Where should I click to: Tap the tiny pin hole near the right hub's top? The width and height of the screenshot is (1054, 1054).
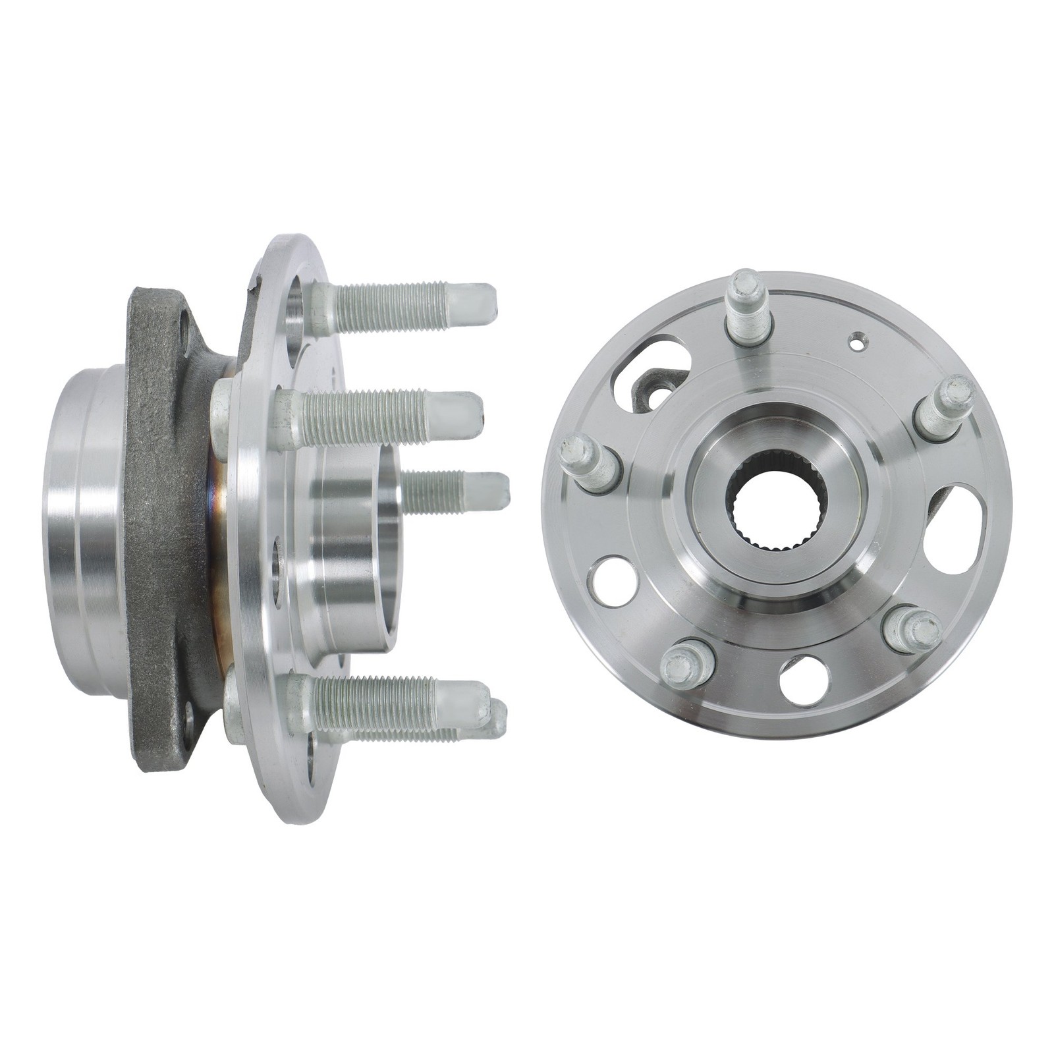click(x=856, y=342)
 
